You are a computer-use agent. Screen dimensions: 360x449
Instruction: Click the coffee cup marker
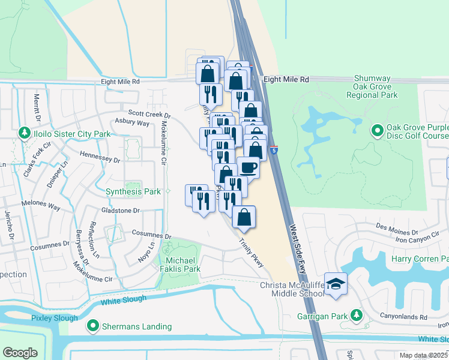[x=248, y=167]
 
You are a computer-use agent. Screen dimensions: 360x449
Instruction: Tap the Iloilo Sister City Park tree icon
[x=24, y=132]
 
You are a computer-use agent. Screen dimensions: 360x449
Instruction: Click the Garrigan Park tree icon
[x=356, y=315]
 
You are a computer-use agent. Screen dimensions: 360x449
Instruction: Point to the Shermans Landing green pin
[x=93, y=326]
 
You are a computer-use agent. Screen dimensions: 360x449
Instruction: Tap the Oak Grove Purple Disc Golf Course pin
[x=377, y=130]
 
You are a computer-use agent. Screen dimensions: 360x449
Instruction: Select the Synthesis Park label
[x=133, y=191]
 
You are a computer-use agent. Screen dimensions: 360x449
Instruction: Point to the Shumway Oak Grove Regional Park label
[x=376, y=87]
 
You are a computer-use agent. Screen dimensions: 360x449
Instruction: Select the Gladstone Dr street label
[x=120, y=211]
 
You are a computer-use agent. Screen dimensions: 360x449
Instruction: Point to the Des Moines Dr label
[x=397, y=230]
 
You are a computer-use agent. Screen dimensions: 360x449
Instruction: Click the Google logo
[x=20, y=353]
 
